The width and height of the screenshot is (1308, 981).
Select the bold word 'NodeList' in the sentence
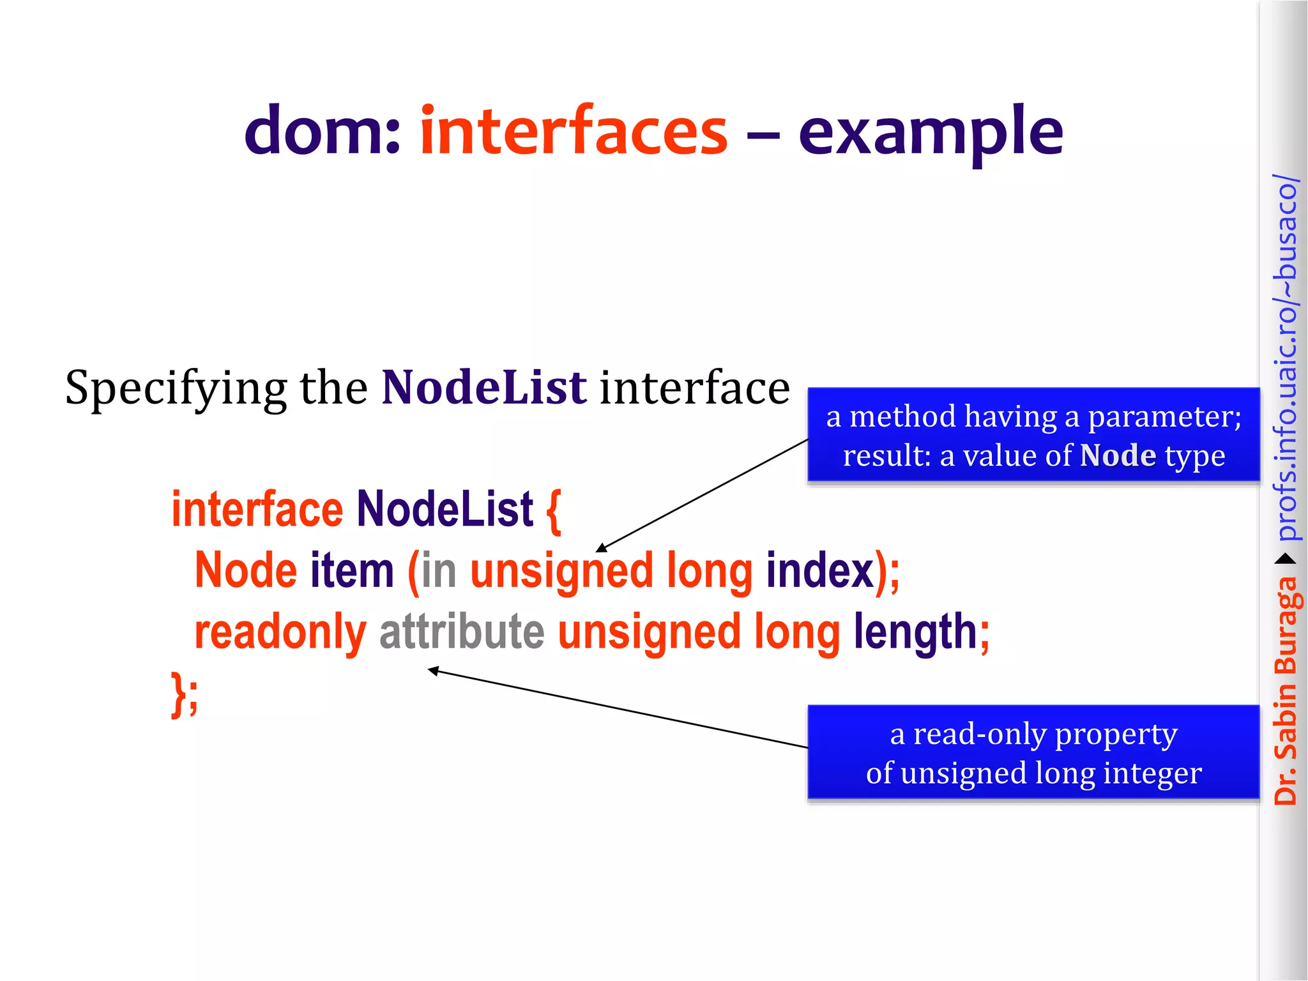pos(483,388)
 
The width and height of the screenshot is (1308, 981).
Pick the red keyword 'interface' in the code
pos(257,510)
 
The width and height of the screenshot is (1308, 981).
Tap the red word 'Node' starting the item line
pos(246,570)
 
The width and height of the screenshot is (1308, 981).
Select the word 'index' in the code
pos(819,570)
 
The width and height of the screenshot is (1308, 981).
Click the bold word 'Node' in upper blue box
pos(1118,456)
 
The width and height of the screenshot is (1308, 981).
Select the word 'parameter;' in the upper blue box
pos(1164,417)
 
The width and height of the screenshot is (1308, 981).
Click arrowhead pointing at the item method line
pos(600,549)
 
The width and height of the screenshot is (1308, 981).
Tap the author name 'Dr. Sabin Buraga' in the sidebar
pos(1286,690)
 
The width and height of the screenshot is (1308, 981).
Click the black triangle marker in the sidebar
pos(1286,559)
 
